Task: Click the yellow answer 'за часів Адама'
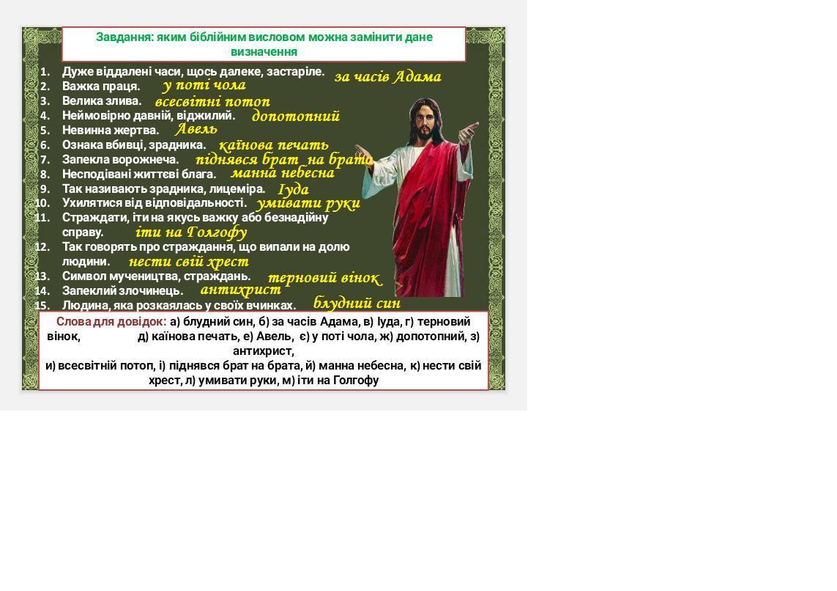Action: pyautogui.click(x=387, y=77)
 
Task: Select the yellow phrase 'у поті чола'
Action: pyautogui.click(x=204, y=85)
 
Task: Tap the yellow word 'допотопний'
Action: pyautogui.click(x=296, y=116)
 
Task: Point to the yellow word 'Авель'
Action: pyautogui.click(x=196, y=129)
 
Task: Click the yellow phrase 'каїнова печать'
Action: pyautogui.click(x=274, y=144)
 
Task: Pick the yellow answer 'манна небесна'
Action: pyautogui.click(x=283, y=173)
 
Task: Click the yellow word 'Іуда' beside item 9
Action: pyautogui.click(x=294, y=189)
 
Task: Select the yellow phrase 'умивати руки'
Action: pyautogui.click(x=308, y=203)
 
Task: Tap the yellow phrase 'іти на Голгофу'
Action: pyautogui.click(x=191, y=232)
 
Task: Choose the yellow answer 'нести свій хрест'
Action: pyautogui.click(x=188, y=261)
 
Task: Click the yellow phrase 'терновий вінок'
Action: pyautogui.click(x=324, y=278)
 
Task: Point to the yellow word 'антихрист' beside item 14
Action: pyautogui.click(x=241, y=290)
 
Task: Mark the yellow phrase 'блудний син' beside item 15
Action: pyautogui.click(x=357, y=303)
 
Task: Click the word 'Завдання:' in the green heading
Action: pyautogui.click(x=125, y=37)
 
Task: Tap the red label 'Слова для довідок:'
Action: pyautogui.click(x=111, y=322)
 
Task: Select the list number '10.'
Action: pyautogui.click(x=42, y=203)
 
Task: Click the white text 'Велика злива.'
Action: pyautogui.click(x=102, y=101)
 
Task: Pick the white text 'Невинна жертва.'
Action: pyautogui.click(x=111, y=131)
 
